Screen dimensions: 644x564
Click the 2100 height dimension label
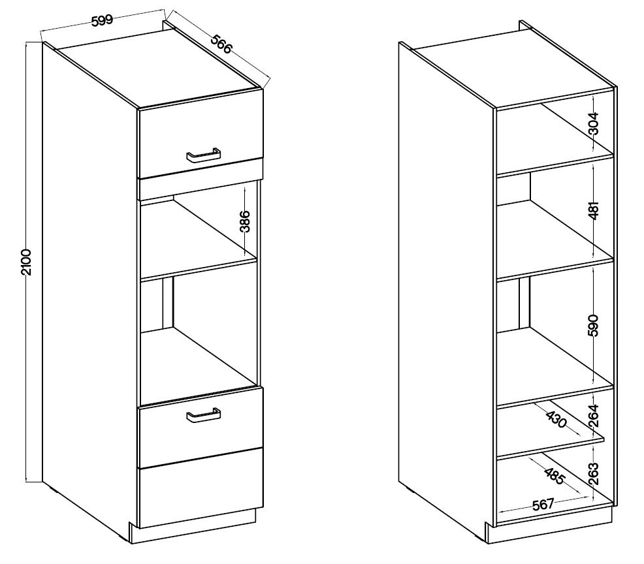(25, 262)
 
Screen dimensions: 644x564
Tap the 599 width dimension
(102, 20)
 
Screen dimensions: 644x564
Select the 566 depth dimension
(222, 44)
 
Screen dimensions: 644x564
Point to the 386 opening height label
(245, 221)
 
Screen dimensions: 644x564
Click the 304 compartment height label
(594, 123)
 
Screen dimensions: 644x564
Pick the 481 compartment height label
(594, 210)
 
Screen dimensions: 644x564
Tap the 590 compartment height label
(594, 325)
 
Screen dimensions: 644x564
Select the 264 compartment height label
(594, 416)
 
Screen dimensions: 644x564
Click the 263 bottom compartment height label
(594, 474)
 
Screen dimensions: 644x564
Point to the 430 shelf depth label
(557, 418)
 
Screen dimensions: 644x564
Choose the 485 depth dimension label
(555, 476)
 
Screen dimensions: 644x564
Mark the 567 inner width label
(543, 504)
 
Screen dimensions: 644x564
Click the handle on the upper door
(204, 157)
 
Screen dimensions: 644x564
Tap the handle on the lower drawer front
(204, 415)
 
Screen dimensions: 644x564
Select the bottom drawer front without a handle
(201, 488)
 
